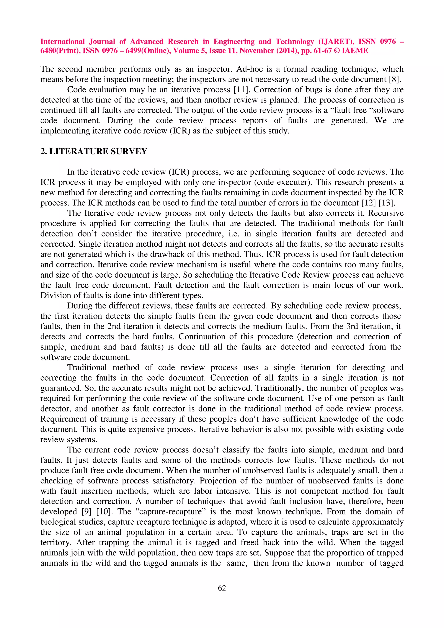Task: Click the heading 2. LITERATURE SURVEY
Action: tap(94, 151)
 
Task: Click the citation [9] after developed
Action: tap(87, 511)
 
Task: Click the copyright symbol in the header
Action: tap(336, 51)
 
